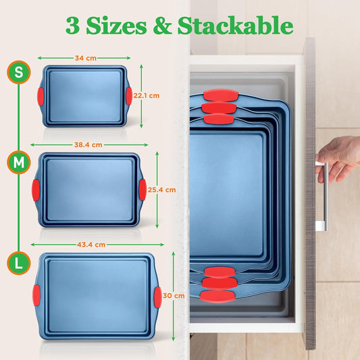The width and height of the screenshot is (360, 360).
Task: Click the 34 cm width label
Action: tap(84, 58)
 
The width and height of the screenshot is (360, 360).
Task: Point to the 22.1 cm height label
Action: tap(146, 95)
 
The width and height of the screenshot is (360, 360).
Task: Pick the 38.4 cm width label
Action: tap(88, 145)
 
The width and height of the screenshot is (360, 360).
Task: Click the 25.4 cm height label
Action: tap(162, 190)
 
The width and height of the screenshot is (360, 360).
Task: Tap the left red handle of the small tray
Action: tap(42, 95)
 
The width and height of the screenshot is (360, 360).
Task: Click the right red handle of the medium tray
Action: tap(142, 189)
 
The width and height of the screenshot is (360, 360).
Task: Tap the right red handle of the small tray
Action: tap(128, 95)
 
